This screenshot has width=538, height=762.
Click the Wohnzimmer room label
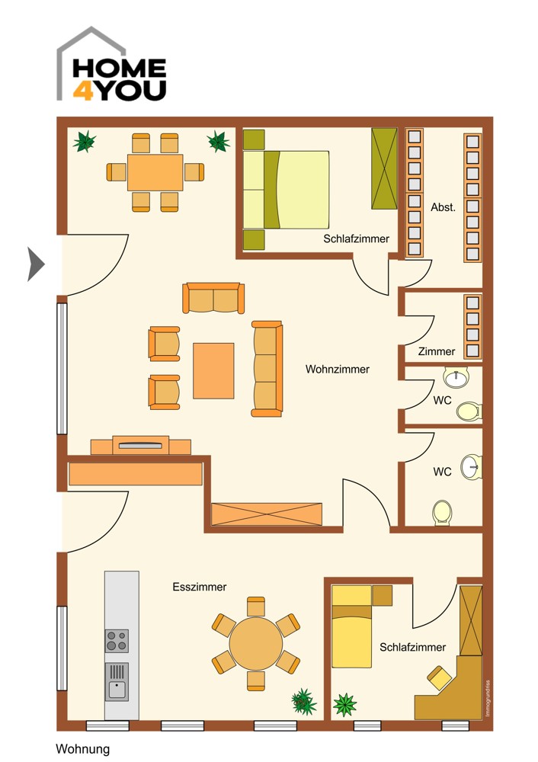pyautogui.click(x=338, y=370)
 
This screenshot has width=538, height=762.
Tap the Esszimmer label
pyautogui.click(x=199, y=587)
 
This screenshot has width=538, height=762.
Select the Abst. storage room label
pyautogui.click(x=443, y=207)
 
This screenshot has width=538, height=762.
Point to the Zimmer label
pyautogui.click(x=437, y=351)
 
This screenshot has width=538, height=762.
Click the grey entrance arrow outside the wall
pyautogui.click(x=35, y=264)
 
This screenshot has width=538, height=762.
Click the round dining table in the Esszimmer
pyautogui.click(x=255, y=644)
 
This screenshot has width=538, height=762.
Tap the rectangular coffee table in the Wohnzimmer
pyautogui.click(x=213, y=371)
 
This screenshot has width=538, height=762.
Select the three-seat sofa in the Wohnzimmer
pyautogui.click(x=267, y=369)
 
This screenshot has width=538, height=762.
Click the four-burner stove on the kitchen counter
pyautogui.click(x=117, y=641)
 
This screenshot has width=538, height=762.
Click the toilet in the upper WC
pyautogui.click(x=469, y=411)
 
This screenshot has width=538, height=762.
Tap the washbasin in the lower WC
pyautogui.click(x=471, y=467)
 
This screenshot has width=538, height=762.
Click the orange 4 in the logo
pyautogui.click(x=83, y=91)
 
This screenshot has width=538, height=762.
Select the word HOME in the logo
pyautogui.click(x=120, y=69)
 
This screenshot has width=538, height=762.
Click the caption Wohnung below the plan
pyautogui.click(x=82, y=749)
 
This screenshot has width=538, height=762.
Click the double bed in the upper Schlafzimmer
pyautogui.click(x=287, y=190)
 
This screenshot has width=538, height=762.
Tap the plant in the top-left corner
pyautogui.click(x=84, y=142)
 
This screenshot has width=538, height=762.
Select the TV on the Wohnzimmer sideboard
pyautogui.click(x=140, y=445)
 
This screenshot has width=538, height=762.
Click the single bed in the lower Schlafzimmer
pyautogui.click(x=351, y=626)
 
